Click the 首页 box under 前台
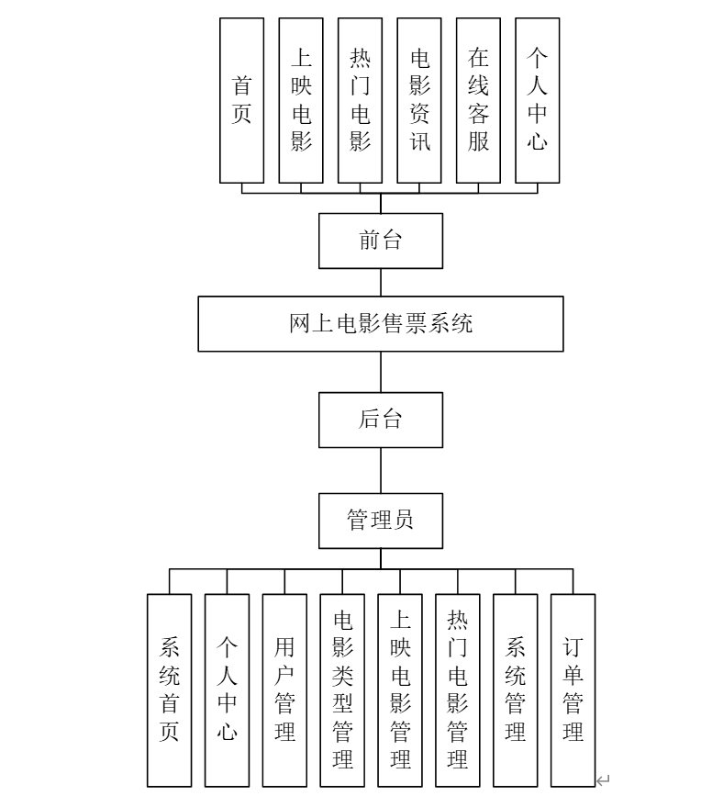(x=242, y=100)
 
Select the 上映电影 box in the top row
(x=301, y=100)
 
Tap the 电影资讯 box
(x=419, y=100)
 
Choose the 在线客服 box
(x=478, y=100)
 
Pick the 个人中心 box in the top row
(x=538, y=100)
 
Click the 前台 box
(x=381, y=241)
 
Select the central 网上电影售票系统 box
(x=381, y=323)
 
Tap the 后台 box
(x=381, y=420)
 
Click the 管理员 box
(x=381, y=520)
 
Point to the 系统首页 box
(x=170, y=689)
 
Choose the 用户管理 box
(x=284, y=689)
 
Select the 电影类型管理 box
(x=342, y=689)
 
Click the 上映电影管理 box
(x=400, y=689)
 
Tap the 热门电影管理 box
(x=458, y=689)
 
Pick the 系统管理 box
(x=516, y=689)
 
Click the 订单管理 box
(x=573, y=689)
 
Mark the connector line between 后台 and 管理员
(x=381, y=471)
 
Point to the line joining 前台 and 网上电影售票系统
(x=381, y=282)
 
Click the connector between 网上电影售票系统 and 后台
(x=381, y=372)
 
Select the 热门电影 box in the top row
(x=361, y=100)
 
